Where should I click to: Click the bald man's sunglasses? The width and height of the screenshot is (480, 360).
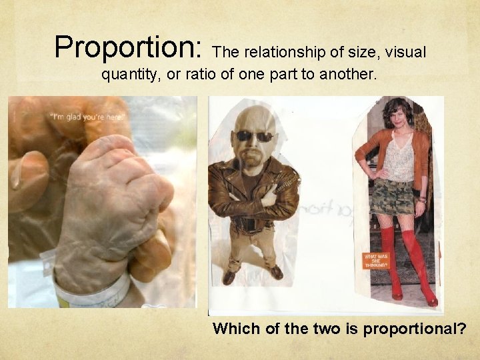(255, 136)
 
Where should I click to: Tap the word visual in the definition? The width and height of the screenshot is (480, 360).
(404, 52)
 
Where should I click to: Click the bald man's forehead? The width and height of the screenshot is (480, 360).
(255, 120)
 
